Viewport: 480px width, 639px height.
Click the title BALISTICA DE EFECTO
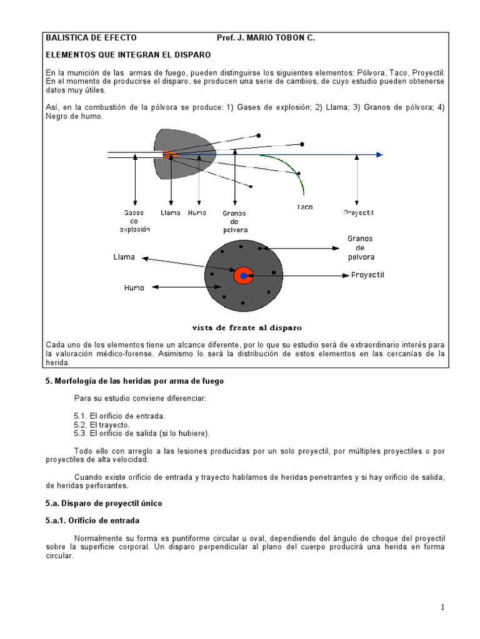coord(91,38)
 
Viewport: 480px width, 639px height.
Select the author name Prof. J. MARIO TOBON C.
coord(266,38)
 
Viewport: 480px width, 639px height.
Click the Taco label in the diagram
coord(304,207)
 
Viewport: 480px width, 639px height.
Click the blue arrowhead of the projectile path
coord(379,155)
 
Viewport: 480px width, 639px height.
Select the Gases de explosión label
coord(134,221)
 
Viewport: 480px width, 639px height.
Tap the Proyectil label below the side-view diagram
coord(358,213)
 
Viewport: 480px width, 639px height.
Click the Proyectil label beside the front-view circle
coord(367,275)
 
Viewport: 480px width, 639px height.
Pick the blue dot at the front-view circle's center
coord(243,276)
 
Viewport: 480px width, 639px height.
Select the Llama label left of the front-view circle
coord(124,256)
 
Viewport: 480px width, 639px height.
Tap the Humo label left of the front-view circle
coord(134,288)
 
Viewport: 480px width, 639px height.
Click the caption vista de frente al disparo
coord(247,327)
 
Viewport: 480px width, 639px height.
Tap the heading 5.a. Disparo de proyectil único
coord(104,503)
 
